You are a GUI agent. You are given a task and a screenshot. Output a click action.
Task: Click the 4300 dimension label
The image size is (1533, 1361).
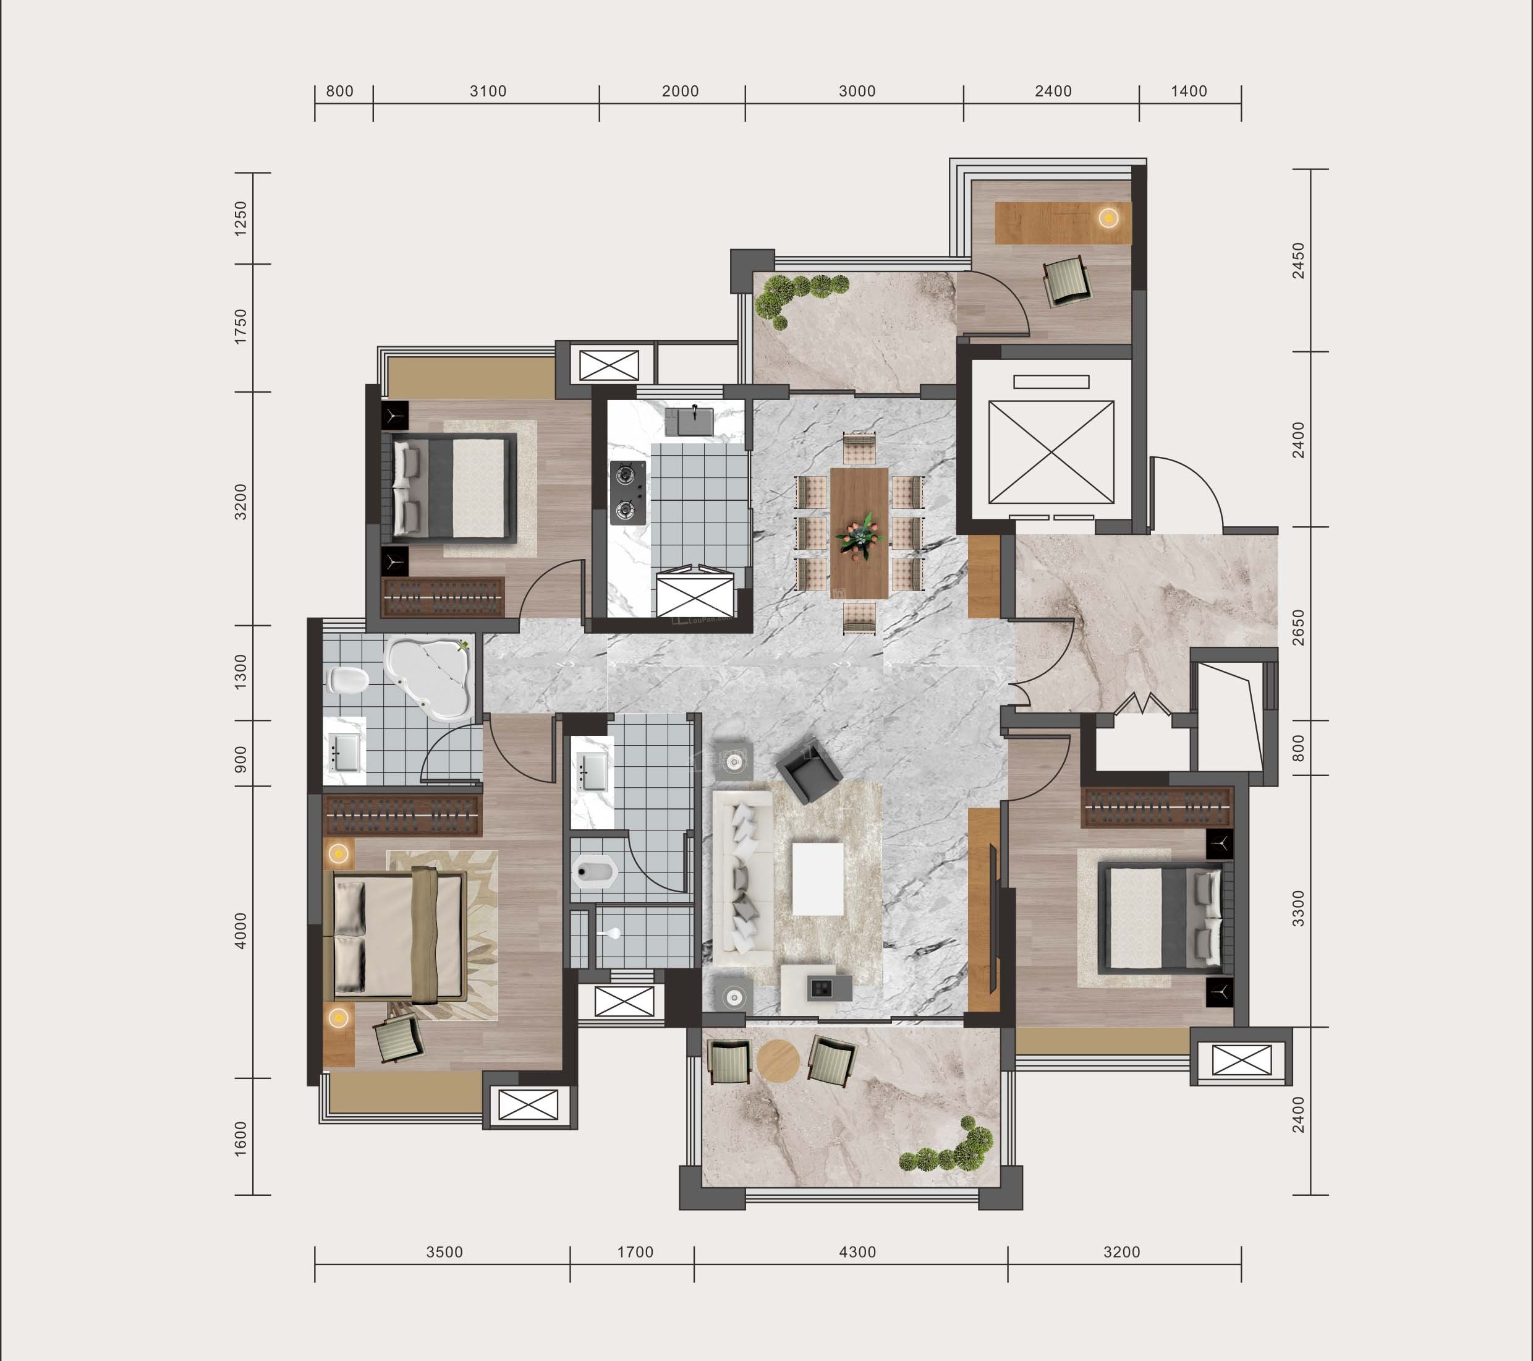(857, 1252)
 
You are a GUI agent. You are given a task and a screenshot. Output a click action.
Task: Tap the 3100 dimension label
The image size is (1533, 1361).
(488, 92)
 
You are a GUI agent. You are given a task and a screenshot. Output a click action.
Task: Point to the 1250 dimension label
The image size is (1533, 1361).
(240, 218)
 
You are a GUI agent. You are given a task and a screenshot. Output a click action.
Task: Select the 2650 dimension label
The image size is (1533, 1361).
(1298, 627)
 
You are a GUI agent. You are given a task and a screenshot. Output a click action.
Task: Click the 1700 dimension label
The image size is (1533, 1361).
(635, 1252)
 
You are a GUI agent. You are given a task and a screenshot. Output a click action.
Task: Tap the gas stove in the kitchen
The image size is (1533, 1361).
(629, 492)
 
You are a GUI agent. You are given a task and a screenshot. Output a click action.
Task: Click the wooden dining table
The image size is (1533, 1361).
(859, 532)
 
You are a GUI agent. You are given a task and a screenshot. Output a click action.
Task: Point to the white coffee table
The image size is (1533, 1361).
(818, 879)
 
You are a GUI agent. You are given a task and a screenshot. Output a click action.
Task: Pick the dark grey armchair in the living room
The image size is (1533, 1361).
(809, 770)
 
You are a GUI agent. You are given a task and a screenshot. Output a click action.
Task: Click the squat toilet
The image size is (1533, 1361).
(594, 872)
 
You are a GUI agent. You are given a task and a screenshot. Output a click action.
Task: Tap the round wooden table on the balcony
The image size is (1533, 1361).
(778, 1061)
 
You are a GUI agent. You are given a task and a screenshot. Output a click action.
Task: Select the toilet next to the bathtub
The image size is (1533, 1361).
(348, 680)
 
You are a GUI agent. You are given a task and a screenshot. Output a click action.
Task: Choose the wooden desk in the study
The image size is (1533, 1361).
(1063, 223)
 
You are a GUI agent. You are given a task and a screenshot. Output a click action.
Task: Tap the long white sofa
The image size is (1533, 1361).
(742, 879)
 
